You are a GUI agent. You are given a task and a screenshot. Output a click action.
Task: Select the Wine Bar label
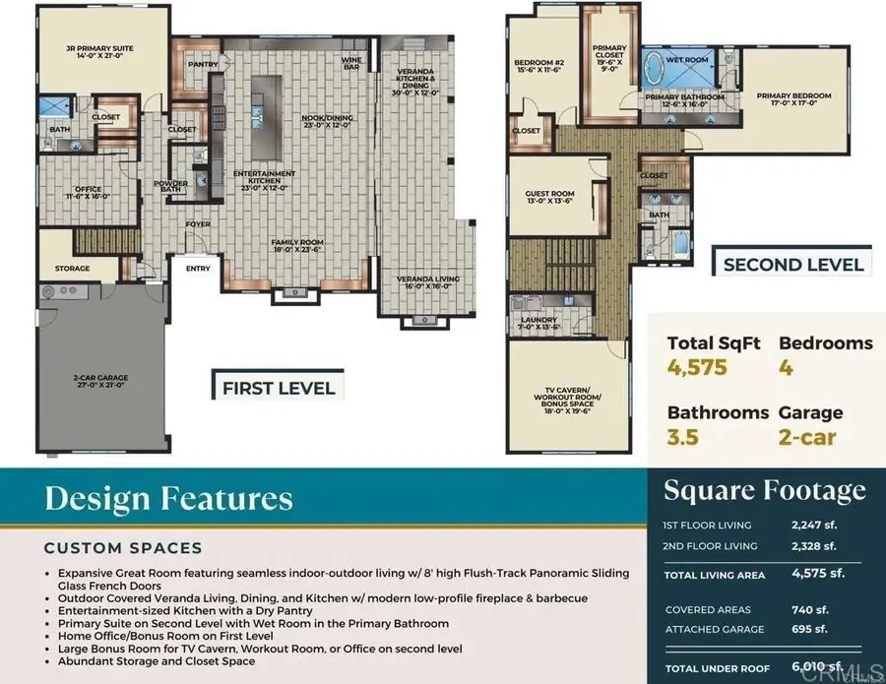[x=351, y=63]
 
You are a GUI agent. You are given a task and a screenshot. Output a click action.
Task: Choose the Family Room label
[x=298, y=244]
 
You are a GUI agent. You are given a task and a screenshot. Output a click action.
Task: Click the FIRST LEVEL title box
[x=278, y=387]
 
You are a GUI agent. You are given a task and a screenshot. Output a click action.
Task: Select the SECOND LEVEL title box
[x=793, y=264]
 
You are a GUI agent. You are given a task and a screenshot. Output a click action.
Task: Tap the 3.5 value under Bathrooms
[x=682, y=437]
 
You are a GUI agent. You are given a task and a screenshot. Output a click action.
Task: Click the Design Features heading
[x=168, y=499]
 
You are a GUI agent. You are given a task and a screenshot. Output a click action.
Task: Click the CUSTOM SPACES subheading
[x=123, y=547]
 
